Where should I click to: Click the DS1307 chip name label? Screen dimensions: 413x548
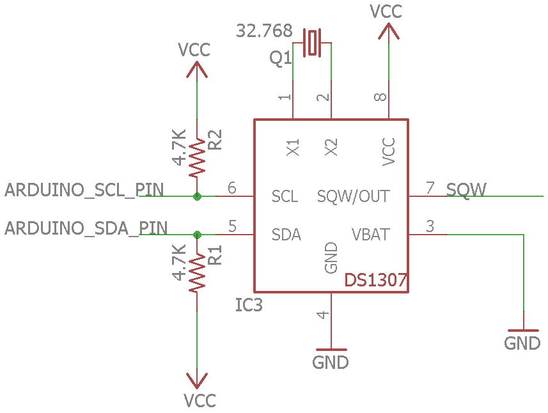click(376, 280)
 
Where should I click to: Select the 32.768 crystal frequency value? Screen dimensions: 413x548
click(264, 31)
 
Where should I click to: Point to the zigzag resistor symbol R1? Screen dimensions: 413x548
click(197, 271)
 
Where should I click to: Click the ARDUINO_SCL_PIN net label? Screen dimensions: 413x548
click(84, 190)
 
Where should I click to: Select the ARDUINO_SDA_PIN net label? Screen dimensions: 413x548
click(86, 228)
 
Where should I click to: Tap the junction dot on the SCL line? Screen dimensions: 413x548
click(197, 196)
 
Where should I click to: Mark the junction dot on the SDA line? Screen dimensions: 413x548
click(197, 235)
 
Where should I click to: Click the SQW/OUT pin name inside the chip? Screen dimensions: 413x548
click(353, 196)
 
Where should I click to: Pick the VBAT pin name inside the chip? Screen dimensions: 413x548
click(370, 235)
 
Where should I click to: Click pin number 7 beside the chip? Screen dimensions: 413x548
click(430, 188)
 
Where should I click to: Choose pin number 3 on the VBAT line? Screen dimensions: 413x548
click(430, 226)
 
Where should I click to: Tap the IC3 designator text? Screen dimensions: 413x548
click(249, 306)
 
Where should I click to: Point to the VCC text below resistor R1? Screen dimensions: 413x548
click(200, 401)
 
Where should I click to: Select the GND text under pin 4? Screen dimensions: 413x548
click(331, 362)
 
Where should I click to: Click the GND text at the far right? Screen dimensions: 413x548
click(522, 343)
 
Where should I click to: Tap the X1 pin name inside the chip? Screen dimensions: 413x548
click(294, 148)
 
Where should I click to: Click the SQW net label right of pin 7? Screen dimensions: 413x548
click(466, 189)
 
